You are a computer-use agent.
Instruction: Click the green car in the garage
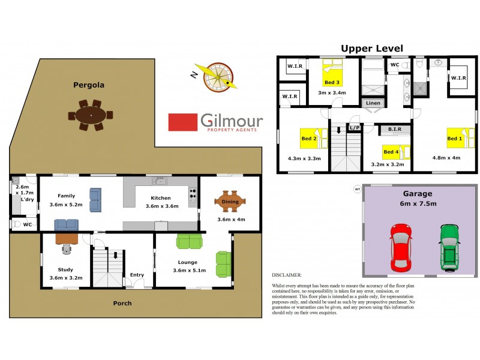(449, 246)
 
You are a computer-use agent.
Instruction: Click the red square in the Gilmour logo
(183, 122)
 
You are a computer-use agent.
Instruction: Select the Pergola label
(89, 85)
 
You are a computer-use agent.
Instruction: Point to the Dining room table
(230, 202)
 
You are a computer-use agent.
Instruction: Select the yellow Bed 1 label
(455, 139)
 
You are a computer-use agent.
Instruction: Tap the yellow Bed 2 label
(309, 139)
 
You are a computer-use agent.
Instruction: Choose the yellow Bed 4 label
(391, 152)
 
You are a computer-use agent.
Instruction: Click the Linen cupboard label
(373, 103)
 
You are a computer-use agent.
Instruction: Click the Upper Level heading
(371, 48)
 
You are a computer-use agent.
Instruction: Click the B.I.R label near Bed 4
(394, 129)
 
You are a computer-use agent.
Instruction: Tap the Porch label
(122, 303)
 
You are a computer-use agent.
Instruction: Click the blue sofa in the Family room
(95, 200)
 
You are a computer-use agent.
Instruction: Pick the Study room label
(65, 269)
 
